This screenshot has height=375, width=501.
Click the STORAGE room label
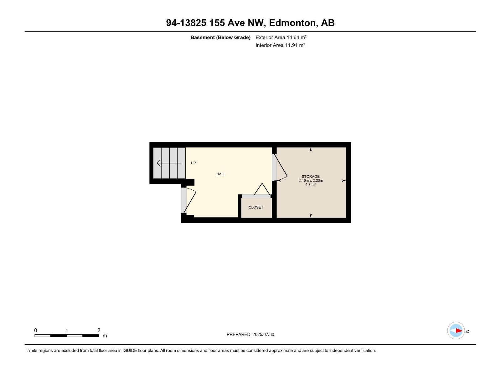point(311,177)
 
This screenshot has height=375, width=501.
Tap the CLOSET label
point(256,207)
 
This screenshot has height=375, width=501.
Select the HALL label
point(221,174)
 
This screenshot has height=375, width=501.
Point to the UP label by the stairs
point(194,163)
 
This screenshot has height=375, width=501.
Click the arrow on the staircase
point(169,163)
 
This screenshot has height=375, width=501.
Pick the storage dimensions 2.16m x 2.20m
point(311,181)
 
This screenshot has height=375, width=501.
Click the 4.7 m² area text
point(311,185)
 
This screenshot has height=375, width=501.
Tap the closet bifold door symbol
point(262,190)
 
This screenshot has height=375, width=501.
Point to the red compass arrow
point(459,331)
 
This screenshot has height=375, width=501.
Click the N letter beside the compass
point(467,331)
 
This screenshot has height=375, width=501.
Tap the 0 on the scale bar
point(36,330)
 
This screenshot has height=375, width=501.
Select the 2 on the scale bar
point(99,330)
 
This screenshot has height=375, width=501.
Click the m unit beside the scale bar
point(105,336)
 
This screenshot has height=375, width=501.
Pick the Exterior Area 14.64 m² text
point(281,37)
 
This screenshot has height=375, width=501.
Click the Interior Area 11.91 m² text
point(280,45)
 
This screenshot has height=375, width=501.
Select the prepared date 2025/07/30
point(263,334)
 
